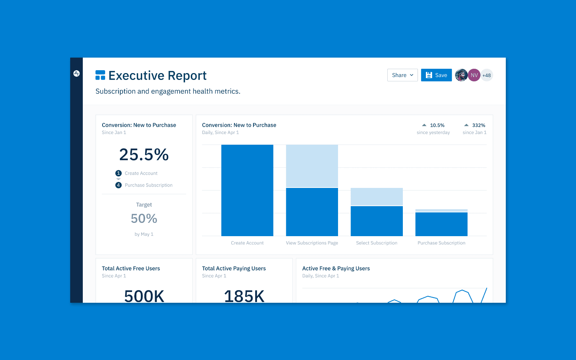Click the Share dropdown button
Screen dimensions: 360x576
(402, 75)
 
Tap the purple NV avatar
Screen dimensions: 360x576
(474, 75)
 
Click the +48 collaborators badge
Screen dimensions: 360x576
(487, 75)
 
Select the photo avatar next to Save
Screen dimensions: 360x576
(461, 75)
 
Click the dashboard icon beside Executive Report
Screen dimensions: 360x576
(100, 75)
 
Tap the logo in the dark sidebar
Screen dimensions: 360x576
(76, 73)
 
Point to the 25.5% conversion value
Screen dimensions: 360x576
(144, 155)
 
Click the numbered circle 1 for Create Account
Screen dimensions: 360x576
(118, 173)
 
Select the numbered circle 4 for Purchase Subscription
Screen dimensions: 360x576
(118, 185)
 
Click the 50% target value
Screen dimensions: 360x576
(144, 219)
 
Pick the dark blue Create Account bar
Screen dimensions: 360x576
(247, 190)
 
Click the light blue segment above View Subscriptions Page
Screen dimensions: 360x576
(312, 166)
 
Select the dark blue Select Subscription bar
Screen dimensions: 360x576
(377, 221)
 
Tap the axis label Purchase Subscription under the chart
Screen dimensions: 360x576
(441, 243)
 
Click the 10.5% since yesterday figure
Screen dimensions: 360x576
(437, 125)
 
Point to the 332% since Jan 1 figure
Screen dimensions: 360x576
(478, 125)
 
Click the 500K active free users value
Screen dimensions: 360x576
(144, 296)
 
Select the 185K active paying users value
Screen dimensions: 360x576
(244, 296)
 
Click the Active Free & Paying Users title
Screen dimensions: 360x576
(336, 269)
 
